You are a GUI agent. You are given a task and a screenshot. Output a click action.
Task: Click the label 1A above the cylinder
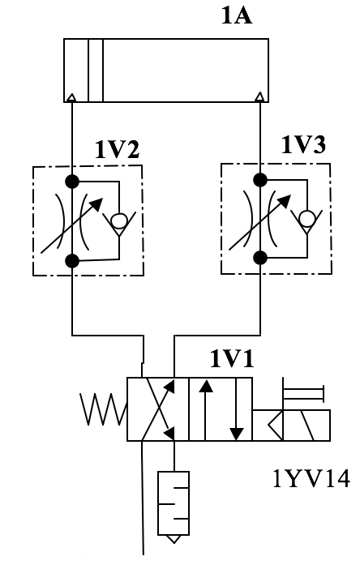236,16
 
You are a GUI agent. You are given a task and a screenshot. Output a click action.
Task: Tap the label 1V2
117,149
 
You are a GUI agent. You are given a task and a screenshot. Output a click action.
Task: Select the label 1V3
304,144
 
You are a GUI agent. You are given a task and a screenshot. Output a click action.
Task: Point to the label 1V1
232,359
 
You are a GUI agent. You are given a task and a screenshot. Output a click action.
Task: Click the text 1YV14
311,478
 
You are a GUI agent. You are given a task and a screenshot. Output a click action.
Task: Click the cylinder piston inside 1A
96,71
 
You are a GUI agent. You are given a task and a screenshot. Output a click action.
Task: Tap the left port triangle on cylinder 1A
72,97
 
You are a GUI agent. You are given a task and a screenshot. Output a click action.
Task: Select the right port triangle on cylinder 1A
259,96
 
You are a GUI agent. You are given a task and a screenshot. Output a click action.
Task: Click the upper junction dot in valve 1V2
72,182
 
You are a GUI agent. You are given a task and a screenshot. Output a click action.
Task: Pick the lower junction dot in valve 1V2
72,260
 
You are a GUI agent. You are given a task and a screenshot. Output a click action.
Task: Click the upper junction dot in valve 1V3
260,180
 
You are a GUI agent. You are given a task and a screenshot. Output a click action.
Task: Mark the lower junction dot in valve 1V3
260,258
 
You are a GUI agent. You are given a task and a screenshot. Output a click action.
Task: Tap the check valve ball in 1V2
119,220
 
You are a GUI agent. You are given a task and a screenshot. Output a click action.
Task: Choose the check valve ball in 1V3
306,219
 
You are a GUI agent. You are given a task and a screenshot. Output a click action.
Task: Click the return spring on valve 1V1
104,409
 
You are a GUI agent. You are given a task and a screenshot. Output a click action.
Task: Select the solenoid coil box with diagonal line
306,426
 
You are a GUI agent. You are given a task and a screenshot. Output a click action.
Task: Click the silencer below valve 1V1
174,507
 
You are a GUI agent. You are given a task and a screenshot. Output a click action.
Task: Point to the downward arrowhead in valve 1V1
237,434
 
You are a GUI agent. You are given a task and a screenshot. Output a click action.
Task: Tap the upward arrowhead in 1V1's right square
206,386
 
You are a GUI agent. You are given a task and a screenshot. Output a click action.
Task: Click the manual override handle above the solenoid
303,394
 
